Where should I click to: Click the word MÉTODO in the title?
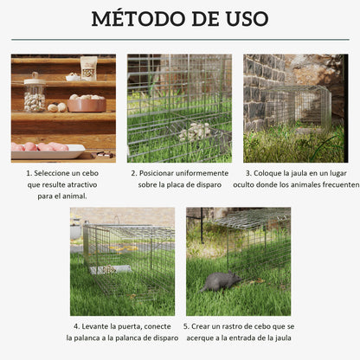point(132,19)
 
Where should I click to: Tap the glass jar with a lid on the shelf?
point(35,93)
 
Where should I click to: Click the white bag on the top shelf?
point(88,67)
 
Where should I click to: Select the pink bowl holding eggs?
point(87,103)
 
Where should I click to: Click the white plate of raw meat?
point(48,148)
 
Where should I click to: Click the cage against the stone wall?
point(299,108)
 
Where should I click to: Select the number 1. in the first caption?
point(29,173)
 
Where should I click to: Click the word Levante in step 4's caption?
point(95,326)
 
